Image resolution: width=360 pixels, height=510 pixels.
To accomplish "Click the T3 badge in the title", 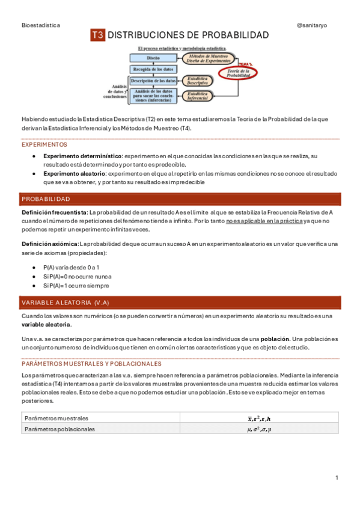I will [98, 35].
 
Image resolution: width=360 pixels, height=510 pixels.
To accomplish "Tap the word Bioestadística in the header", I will [41, 25].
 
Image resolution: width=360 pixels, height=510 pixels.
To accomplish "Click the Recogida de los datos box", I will [153, 69].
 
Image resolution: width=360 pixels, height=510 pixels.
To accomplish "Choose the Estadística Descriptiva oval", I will [198, 81].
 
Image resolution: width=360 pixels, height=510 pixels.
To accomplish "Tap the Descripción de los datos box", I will [153, 81].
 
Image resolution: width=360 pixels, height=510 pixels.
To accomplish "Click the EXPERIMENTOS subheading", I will [44, 145].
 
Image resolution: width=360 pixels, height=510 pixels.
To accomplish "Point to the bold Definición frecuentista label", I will [54, 212].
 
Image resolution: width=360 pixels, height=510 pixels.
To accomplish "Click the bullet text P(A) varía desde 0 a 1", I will [72, 266].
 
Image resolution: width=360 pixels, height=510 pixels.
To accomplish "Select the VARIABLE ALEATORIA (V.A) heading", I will [66, 302].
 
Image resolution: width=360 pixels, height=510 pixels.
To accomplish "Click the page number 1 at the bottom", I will [337, 478].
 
